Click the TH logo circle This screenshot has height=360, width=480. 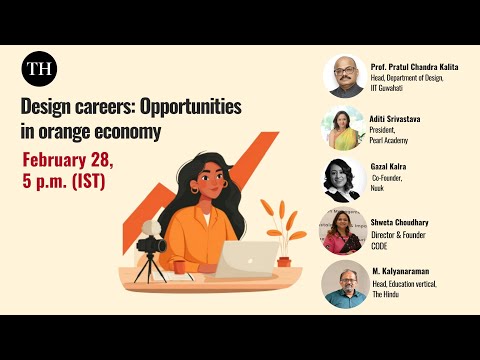[39, 69]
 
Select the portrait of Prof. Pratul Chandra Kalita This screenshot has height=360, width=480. [344, 76]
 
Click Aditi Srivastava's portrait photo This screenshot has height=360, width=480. [344, 128]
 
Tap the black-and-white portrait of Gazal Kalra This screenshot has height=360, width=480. [344, 180]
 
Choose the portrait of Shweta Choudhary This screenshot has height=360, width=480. [344, 232]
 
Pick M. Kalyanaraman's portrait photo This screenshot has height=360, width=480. [344, 284]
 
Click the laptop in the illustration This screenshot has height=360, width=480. [249, 258]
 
